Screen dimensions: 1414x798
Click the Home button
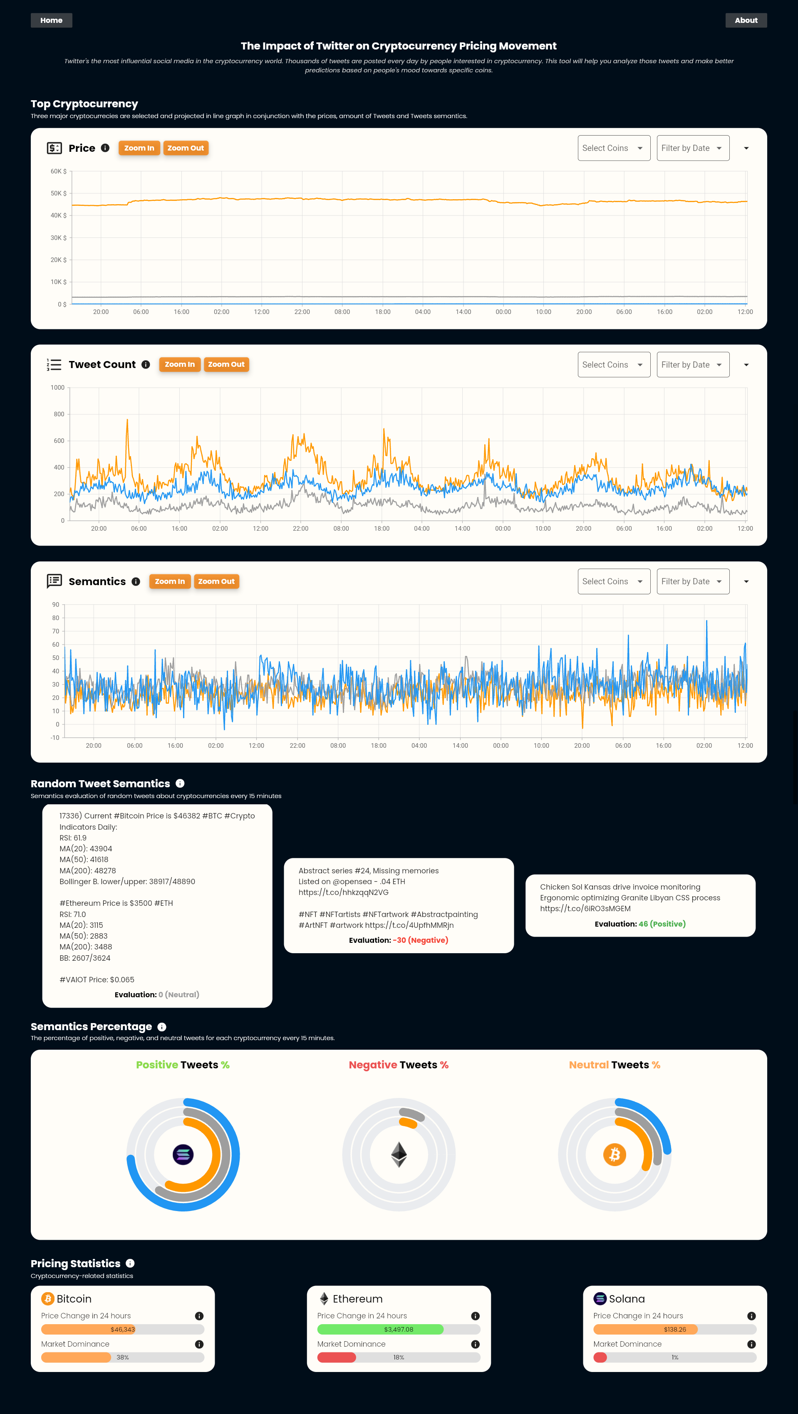[51, 20]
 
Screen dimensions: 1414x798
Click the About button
[746, 20]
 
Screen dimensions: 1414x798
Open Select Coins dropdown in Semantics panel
[613, 581]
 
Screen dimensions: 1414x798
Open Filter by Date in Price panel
[693, 148]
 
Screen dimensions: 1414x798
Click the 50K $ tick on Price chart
[58, 193]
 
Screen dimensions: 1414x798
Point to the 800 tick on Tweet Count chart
[59, 415]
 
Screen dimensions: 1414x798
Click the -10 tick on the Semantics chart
[55, 738]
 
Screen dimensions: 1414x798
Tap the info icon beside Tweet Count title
[146, 364]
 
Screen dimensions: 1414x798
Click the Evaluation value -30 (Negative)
[420, 940]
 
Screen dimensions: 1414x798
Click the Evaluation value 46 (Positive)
[662, 924]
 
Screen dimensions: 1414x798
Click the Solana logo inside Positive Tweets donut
[183, 1154]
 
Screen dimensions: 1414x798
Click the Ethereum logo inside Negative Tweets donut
[399, 1154]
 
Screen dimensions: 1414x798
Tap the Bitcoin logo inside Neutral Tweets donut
[615, 1154]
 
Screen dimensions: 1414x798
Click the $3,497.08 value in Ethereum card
[398, 1330]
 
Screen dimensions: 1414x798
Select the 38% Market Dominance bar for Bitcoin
[122, 1357]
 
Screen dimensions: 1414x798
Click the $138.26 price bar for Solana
[674, 1330]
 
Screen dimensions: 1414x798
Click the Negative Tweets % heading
[398, 1065]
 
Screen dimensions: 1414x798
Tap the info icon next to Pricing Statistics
[130, 1263]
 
